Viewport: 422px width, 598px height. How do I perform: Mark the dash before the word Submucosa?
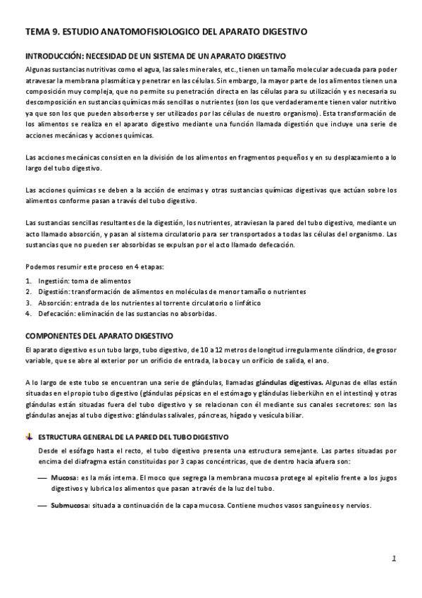[42, 506]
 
